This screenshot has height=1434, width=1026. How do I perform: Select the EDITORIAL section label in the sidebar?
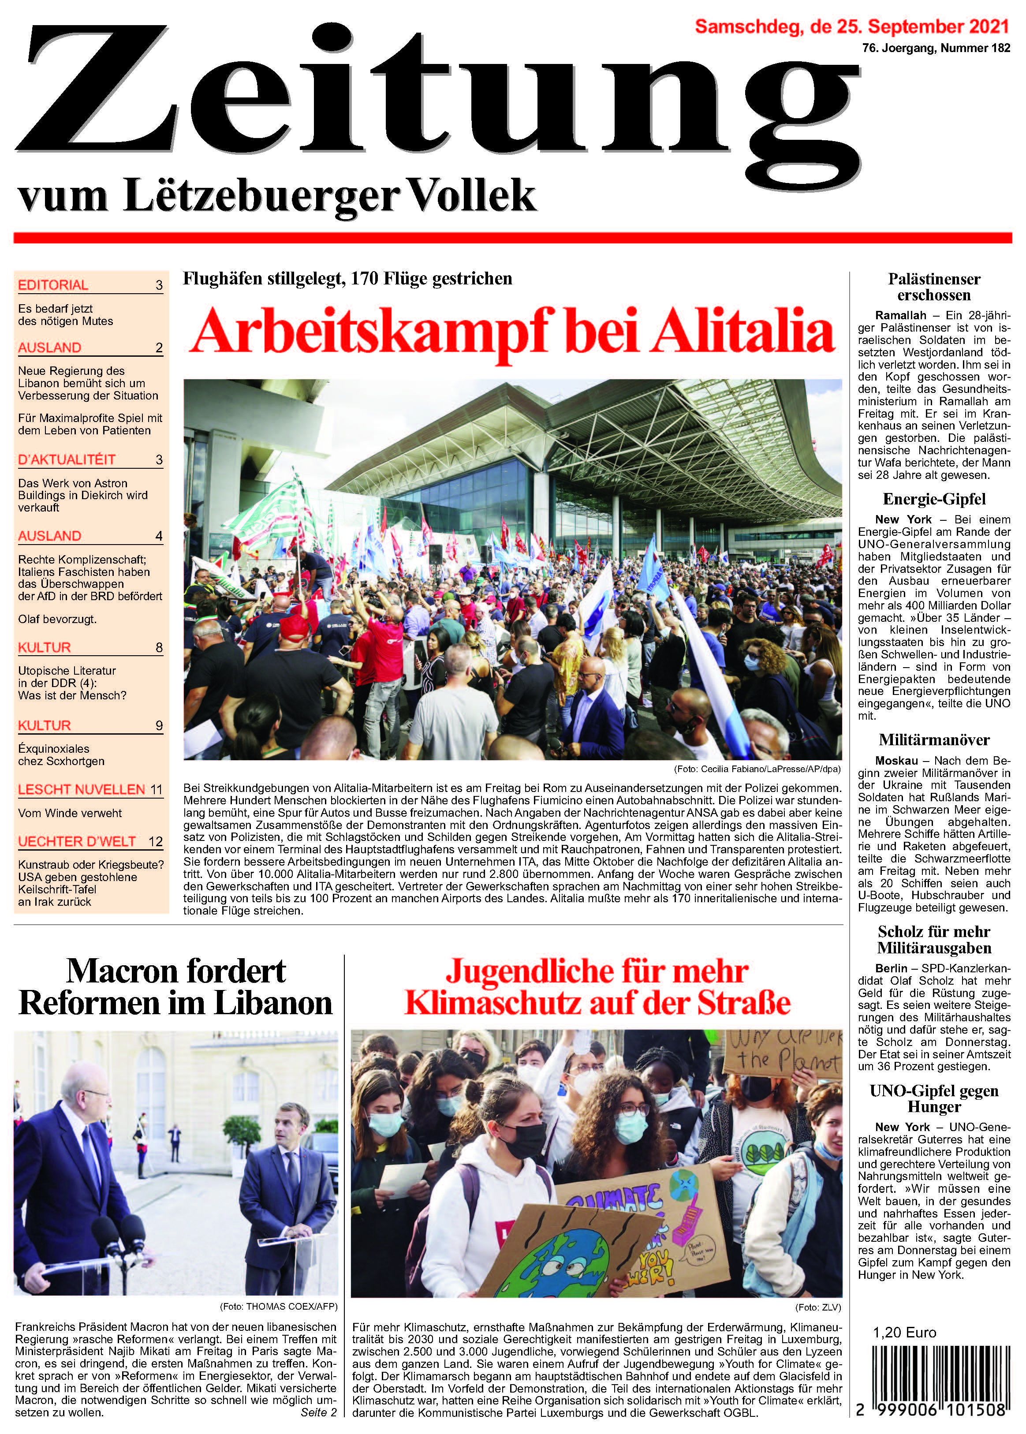[53, 285]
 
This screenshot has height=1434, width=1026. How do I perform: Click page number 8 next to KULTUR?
[159, 647]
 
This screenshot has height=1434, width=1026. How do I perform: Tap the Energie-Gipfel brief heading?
[934, 499]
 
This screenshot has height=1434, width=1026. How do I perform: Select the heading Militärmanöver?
[934, 740]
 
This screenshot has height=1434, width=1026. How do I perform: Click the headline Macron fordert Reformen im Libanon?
[175, 987]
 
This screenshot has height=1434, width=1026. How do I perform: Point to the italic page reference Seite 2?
[318, 1412]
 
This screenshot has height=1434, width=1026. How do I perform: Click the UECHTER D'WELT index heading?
[77, 841]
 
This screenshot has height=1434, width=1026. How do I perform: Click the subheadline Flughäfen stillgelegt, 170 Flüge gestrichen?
[347, 279]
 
